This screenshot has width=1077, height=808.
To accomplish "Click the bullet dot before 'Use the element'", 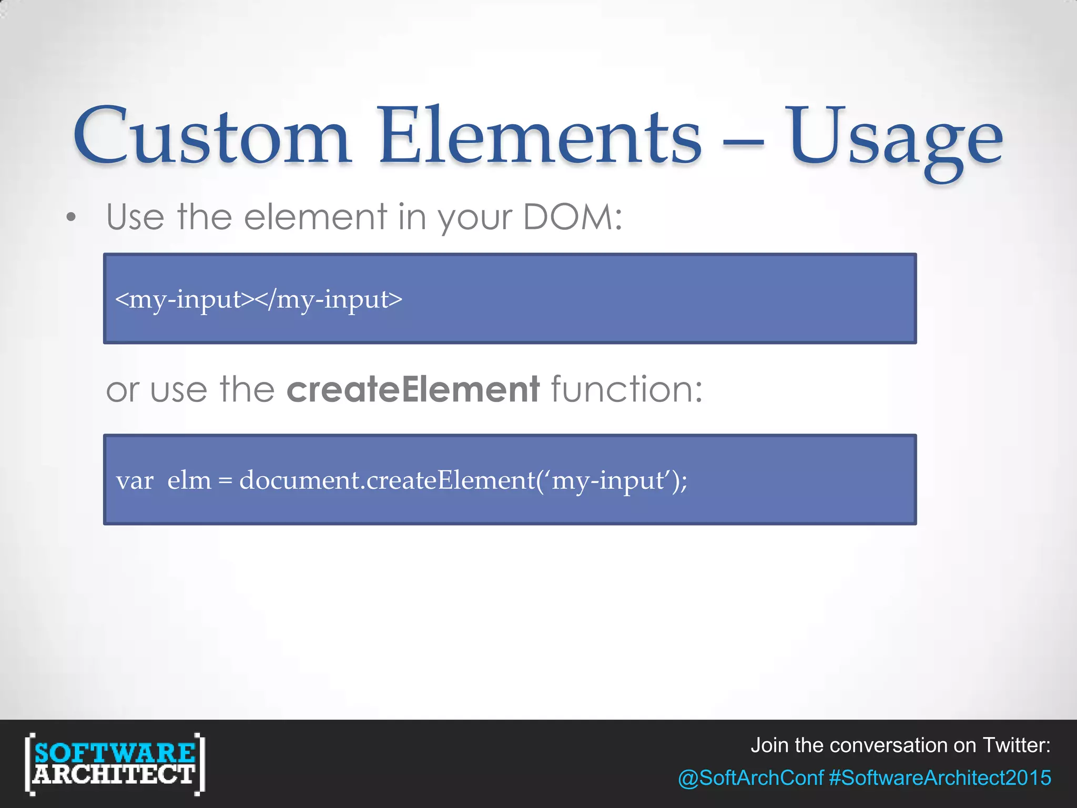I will pyautogui.click(x=72, y=217).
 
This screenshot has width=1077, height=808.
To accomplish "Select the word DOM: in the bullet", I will pyautogui.click(x=573, y=217).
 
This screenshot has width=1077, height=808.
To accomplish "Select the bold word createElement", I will pyautogui.click(x=413, y=389).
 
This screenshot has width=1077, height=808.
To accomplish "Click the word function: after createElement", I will pyautogui.click(x=626, y=389).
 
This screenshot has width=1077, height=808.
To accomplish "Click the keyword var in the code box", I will pyautogui.click(x=135, y=481).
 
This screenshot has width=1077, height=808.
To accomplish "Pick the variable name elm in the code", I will pyautogui.click(x=189, y=480).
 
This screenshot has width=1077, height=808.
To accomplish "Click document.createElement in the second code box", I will pyautogui.click(x=387, y=480).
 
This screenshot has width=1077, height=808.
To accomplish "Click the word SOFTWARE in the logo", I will pyautogui.click(x=115, y=753).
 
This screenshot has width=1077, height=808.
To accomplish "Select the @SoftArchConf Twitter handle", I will pyautogui.click(x=750, y=778).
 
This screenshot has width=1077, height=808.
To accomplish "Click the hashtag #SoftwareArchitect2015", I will pyautogui.click(x=940, y=778).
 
